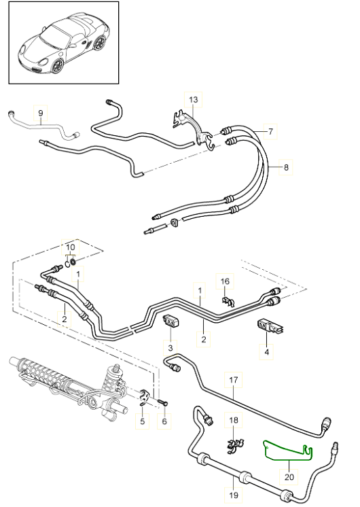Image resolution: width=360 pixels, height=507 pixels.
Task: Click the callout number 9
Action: point(40,113)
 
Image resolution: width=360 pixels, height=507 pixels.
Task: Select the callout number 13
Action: point(194,99)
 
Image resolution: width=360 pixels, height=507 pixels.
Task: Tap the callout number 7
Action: point(270,131)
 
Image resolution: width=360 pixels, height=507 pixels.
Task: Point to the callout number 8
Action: point(286,167)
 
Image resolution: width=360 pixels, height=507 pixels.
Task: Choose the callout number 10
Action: point(71,247)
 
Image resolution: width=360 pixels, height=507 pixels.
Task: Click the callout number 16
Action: point(225,281)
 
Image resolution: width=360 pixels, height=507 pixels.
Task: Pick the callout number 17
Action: point(234,380)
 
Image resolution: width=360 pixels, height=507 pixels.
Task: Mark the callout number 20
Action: point(289,476)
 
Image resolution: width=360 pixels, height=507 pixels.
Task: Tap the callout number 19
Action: point(234,495)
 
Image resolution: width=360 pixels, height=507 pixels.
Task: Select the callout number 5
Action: point(143,421)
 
